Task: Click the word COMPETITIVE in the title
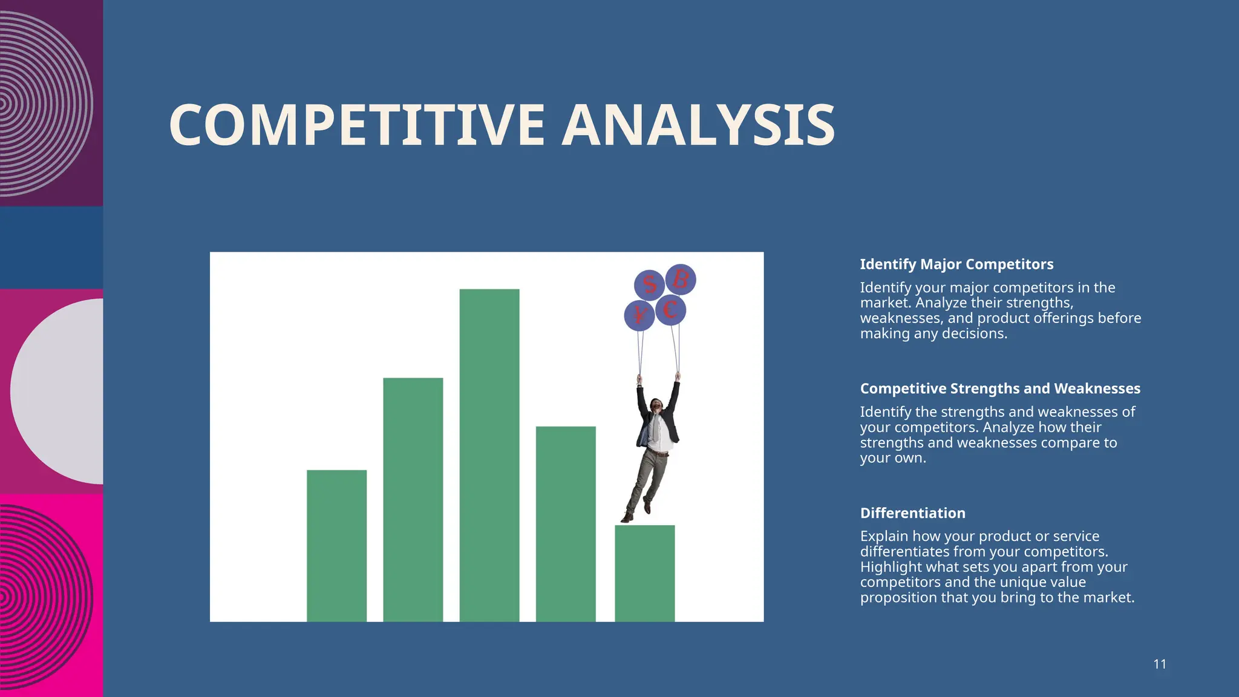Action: [x=357, y=125]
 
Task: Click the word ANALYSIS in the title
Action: [x=698, y=125]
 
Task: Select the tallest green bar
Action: [x=489, y=454]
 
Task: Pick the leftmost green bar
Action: [x=336, y=545]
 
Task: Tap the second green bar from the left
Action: [x=413, y=499]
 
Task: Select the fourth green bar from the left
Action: [x=566, y=523]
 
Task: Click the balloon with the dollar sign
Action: [x=649, y=284]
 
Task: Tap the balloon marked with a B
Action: [x=681, y=279]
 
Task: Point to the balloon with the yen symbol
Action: [x=639, y=315]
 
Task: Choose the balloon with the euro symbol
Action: [x=670, y=310]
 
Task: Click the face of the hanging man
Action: [x=656, y=404]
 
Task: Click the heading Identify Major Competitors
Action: [x=956, y=264]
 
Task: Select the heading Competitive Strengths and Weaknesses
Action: [x=1000, y=388]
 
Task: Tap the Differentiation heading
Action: [x=912, y=513]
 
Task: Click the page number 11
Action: [x=1159, y=664]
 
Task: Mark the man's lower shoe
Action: [x=627, y=518]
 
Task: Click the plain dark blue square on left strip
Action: [x=51, y=247]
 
